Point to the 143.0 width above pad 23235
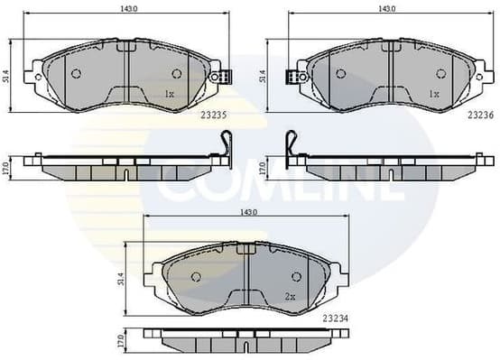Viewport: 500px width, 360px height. (129, 8)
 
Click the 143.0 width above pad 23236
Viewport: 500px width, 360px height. (388, 8)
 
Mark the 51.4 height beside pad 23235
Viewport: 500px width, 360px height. (8, 78)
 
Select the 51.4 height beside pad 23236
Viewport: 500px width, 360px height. (264, 78)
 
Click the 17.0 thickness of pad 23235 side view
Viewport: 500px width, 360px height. (8, 167)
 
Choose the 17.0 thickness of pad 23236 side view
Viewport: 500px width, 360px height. (264, 167)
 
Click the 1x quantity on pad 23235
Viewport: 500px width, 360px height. (169, 93)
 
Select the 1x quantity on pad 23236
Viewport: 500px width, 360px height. (433, 93)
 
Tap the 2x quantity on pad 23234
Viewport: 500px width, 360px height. (289, 295)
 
